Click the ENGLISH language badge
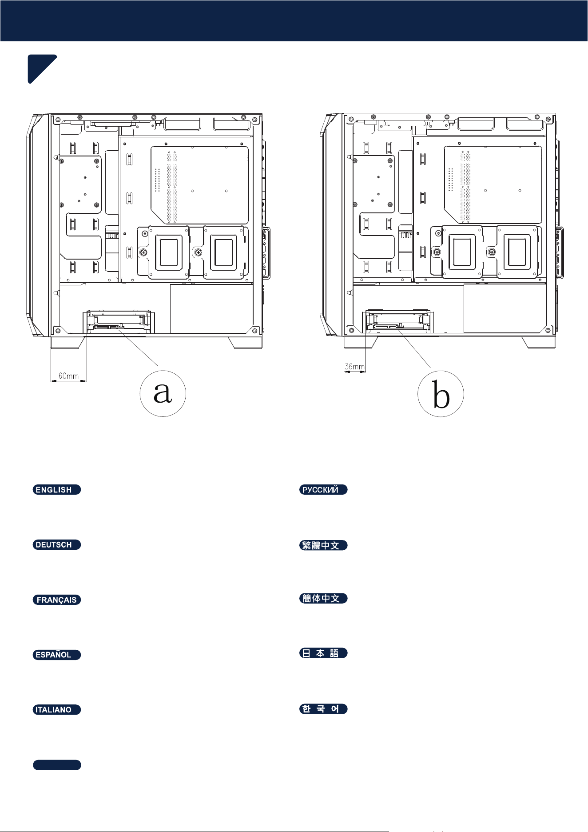click(57, 490)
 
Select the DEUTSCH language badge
click(57, 545)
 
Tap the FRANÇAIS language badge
click(57, 600)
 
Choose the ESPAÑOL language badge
click(57, 655)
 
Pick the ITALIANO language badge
click(57, 710)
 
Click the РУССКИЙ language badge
click(323, 490)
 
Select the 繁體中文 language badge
click(323, 545)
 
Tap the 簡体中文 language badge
click(323, 598)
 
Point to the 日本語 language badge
click(323, 653)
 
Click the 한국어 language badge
click(323, 709)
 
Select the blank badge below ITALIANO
click(57, 765)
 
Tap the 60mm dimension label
click(69, 376)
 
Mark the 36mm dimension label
click(355, 367)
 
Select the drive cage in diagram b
click(398, 321)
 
